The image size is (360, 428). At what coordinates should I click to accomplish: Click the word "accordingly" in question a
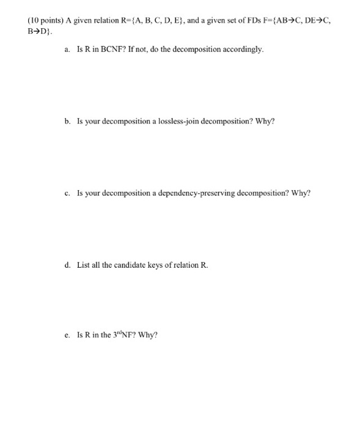[x=244, y=49]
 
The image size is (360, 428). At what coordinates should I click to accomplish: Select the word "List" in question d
[x=83, y=265]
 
